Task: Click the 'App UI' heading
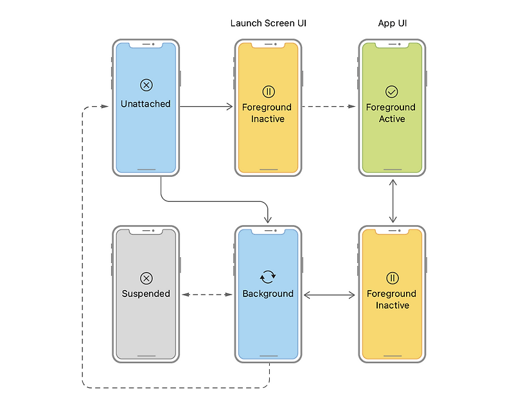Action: [x=392, y=24]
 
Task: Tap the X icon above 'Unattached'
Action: [x=146, y=85]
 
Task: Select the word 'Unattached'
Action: [x=146, y=104]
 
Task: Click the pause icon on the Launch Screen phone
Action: [x=268, y=91]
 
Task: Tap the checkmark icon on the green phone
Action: [x=391, y=91]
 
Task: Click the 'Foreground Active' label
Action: [x=391, y=113]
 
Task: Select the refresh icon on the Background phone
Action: [x=268, y=277]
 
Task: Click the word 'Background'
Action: [x=268, y=294]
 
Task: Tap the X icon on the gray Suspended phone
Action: [x=146, y=278]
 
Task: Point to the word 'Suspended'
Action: [x=146, y=294]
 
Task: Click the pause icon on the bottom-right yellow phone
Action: [x=392, y=278]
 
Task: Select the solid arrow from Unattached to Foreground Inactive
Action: [x=206, y=107]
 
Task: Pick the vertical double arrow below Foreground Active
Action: [x=392, y=201]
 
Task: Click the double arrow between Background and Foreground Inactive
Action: [x=329, y=295]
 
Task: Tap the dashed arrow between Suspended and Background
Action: [x=206, y=295]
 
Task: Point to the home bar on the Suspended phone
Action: [x=146, y=356]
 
